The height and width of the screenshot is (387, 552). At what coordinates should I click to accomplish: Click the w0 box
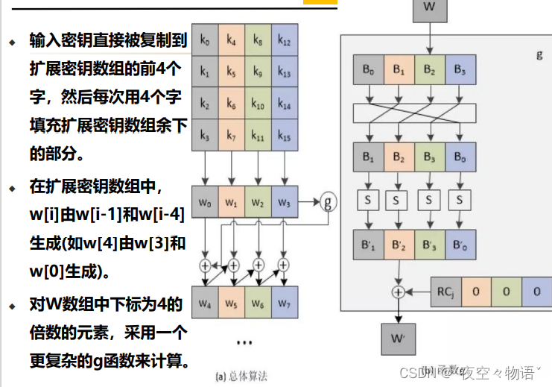(205, 201)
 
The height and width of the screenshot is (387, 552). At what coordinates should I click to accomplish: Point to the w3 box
(284, 201)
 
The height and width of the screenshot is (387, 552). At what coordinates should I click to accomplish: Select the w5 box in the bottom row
(232, 303)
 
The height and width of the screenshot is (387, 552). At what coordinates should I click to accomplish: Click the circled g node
(328, 201)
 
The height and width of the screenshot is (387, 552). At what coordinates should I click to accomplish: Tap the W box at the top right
(429, 7)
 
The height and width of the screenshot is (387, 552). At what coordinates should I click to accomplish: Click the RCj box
(446, 291)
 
